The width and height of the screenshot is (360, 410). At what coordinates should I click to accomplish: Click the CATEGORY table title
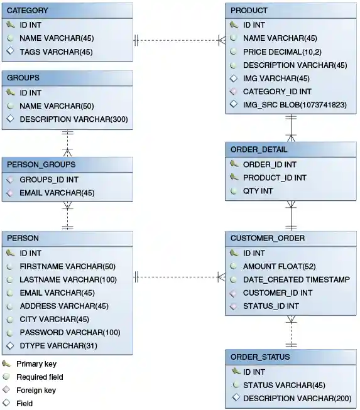[x=27, y=11]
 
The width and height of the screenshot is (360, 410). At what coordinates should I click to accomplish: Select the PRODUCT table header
[x=249, y=11]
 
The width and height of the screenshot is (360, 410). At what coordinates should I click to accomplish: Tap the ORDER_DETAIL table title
[x=259, y=149]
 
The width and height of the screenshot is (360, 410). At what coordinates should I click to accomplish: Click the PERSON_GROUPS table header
[x=41, y=165]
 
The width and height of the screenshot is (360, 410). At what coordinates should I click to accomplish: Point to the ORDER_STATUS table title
[x=260, y=357]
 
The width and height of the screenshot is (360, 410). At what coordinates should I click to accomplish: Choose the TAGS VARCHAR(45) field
[x=56, y=51]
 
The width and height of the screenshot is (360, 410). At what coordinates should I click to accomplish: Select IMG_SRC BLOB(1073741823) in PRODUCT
[x=294, y=105]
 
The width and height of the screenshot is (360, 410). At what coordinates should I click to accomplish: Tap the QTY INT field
[x=258, y=191]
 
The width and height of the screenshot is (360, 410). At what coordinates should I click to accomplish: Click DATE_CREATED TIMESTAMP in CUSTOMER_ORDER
[x=296, y=279]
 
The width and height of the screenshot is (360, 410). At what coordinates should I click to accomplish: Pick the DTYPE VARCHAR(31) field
[x=58, y=345]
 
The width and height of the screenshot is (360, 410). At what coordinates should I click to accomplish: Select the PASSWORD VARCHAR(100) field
[x=70, y=332]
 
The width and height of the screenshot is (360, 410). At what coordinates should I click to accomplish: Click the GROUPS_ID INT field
[x=49, y=180]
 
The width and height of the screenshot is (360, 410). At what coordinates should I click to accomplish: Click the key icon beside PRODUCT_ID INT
[x=234, y=178]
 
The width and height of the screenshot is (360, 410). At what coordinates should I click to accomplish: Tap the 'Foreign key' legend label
[x=36, y=390]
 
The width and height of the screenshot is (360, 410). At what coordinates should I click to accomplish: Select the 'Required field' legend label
[x=40, y=377]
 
